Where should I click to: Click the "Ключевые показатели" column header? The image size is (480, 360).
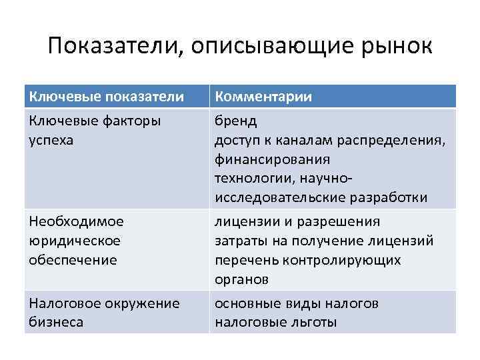tap(106, 97)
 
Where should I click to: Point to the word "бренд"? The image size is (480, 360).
tap(236, 123)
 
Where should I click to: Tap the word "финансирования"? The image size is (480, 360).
tap(272, 160)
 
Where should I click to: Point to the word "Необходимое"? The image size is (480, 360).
tap(76, 222)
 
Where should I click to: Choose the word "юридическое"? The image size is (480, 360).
tap(73, 241)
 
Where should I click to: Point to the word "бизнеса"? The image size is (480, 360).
tap(56, 323)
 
